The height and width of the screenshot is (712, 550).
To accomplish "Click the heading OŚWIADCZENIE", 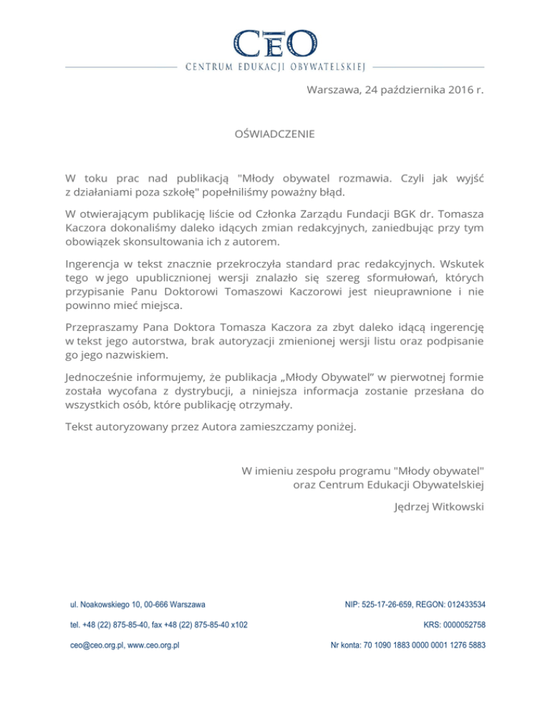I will pyautogui.click(x=274, y=134).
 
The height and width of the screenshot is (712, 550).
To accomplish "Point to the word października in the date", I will pyautogui.click(x=405, y=91).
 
